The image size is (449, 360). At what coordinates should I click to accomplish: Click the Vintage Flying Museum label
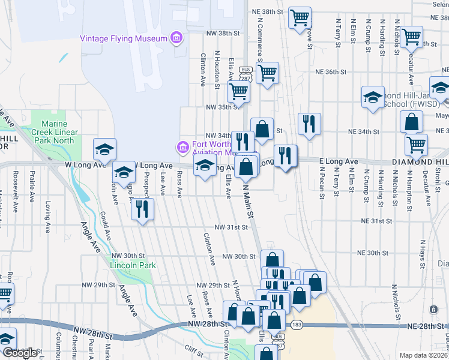[123, 39]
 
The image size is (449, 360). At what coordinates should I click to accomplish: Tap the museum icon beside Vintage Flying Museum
[176, 39]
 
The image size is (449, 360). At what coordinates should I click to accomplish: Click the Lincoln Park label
[133, 265]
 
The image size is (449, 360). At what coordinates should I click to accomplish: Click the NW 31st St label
[232, 228]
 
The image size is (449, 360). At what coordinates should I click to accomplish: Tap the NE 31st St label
[376, 221]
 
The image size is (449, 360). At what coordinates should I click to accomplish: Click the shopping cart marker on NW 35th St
[238, 92]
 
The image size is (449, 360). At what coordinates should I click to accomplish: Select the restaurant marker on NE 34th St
[309, 124]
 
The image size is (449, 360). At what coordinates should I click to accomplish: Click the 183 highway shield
[298, 325]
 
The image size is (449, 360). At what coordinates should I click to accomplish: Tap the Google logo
[19, 353]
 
